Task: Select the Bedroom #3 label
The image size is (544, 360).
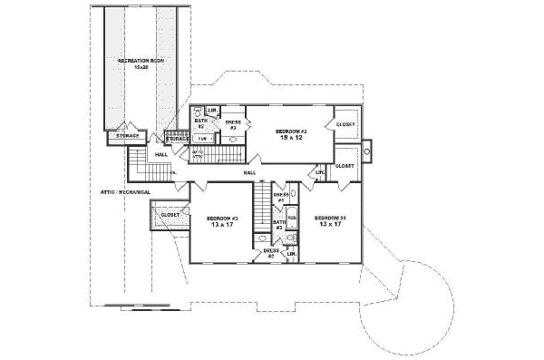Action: coord(222,219)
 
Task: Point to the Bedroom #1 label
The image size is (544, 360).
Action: coord(331,219)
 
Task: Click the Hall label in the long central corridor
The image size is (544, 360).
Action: coord(248,172)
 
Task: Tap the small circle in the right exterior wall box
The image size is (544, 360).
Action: coord(366,153)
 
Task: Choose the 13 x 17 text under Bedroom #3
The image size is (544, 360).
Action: coord(222,226)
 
